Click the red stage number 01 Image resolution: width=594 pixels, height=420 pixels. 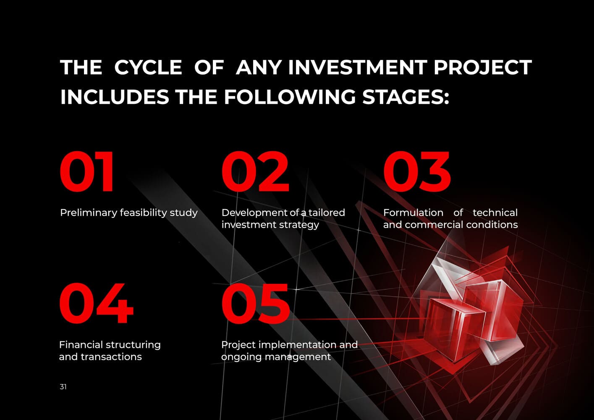[x=87, y=171]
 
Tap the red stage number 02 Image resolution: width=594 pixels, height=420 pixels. [x=255, y=171]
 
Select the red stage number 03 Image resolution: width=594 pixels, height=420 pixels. [x=417, y=171]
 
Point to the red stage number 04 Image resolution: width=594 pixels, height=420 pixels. [x=96, y=303]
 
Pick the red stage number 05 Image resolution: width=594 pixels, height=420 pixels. [x=256, y=303]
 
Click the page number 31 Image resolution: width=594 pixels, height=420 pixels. [x=63, y=387]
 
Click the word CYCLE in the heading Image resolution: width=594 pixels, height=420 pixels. [x=148, y=67]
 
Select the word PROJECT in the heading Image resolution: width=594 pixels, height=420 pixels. [x=483, y=67]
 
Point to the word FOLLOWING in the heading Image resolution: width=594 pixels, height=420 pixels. [x=290, y=97]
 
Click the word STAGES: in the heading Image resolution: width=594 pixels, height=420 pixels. [x=406, y=97]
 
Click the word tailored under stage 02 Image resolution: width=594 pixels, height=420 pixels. [x=327, y=213]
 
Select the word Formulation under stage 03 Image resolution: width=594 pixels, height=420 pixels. [x=413, y=213]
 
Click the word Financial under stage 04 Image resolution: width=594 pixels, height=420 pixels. [x=85, y=345]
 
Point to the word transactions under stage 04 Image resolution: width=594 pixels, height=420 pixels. [x=111, y=357]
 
